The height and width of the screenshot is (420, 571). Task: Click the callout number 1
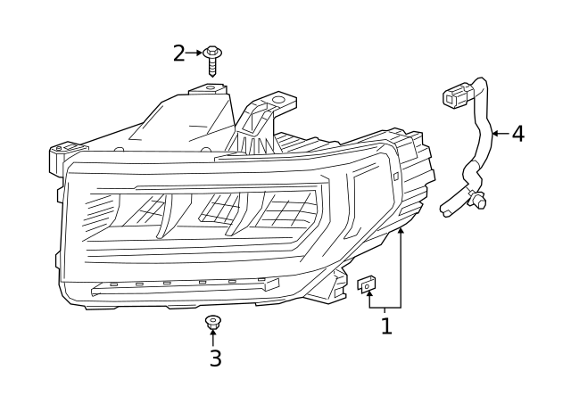pos(386,326)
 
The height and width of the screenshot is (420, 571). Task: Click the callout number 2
pos(178,54)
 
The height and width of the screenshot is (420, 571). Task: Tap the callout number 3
pos(214,358)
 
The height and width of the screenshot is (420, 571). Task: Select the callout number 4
pos(517,134)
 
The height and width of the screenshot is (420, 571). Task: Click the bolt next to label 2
pos(212,60)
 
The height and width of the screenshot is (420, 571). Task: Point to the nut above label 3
pos(212,321)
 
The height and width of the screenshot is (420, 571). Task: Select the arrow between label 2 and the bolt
pos(194,54)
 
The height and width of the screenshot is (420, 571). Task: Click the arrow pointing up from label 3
pos(212,338)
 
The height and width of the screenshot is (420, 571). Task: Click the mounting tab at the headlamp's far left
pos(59,156)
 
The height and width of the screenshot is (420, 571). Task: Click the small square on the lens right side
pos(395,176)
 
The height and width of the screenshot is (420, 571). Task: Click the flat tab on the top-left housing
pos(209,88)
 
